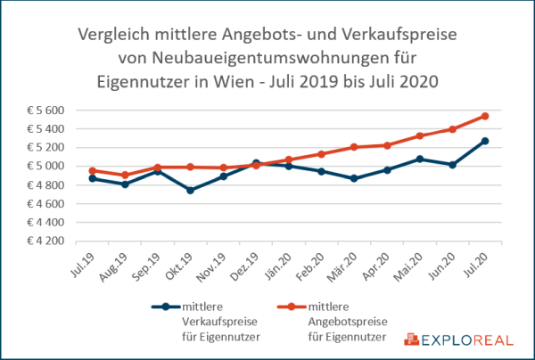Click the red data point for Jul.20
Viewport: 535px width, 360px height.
(484, 116)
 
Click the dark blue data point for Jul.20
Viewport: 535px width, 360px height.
(484, 141)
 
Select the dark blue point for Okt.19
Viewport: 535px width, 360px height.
(190, 190)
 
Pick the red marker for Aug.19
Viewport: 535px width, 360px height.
(125, 175)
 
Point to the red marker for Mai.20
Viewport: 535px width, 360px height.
(419, 135)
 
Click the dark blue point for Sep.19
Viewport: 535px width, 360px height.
(158, 170)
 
